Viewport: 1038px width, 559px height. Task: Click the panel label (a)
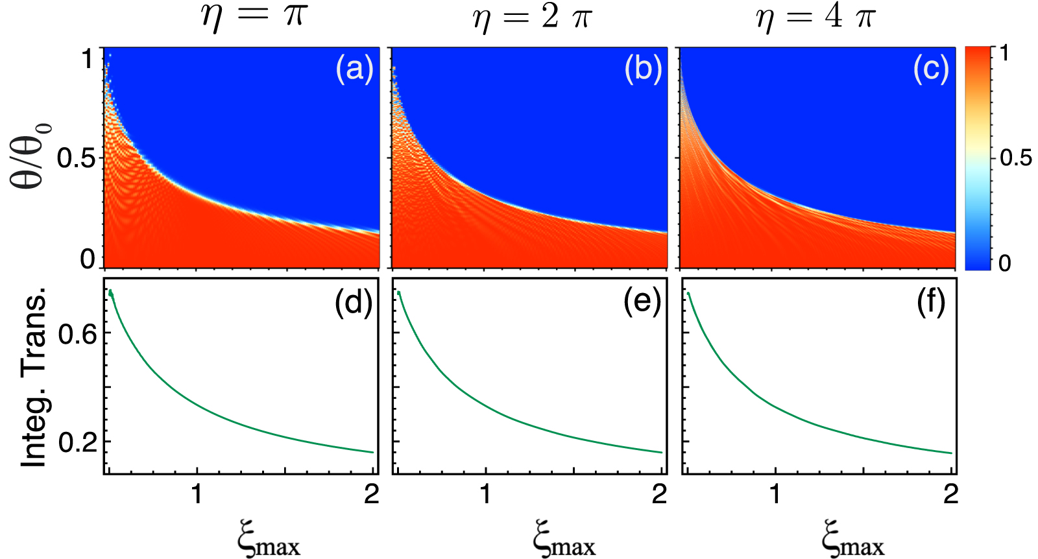pyautogui.click(x=354, y=68)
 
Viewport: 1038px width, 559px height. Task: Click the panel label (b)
pyautogui.click(x=643, y=68)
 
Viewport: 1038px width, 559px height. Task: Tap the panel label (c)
pyautogui.click(x=931, y=68)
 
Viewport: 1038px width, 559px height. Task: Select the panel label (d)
pyautogui.click(x=354, y=302)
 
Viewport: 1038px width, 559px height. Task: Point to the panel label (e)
pyautogui.click(x=642, y=302)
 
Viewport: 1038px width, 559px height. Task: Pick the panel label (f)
pyautogui.click(x=931, y=302)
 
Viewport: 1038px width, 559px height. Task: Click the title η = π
pyautogui.click(x=254, y=17)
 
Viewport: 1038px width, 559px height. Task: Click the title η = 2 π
pyautogui.click(x=532, y=17)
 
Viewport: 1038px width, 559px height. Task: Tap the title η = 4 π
pyautogui.click(x=815, y=17)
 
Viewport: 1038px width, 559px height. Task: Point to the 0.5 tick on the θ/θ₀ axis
pyautogui.click(x=77, y=158)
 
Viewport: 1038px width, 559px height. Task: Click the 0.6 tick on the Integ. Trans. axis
pyautogui.click(x=77, y=334)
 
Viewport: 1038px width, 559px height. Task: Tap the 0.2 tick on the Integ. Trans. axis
pyautogui.click(x=77, y=443)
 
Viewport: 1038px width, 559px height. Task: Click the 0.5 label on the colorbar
pyautogui.click(x=1015, y=158)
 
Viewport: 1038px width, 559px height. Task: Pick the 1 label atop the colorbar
pyautogui.click(x=1005, y=53)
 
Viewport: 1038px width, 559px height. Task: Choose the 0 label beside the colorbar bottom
pyautogui.click(x=1005, y=263)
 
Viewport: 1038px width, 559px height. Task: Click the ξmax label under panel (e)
pyautogui.click(x=564, y=538)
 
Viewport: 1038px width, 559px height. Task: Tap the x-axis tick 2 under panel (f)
pyautogui.click(x=950, y=495)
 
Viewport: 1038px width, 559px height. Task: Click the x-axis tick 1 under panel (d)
pyautogui.click(x=197, y=495)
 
